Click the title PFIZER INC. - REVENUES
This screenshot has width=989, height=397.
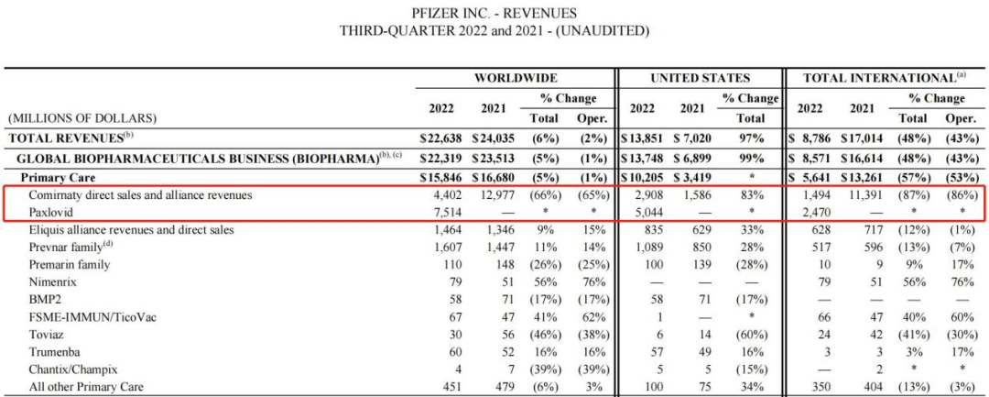tap(494, 13)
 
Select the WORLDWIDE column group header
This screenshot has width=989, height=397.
tap(515, 78)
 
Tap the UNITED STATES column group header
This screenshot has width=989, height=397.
tap(700, 78)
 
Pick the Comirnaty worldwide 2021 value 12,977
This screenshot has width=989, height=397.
tap(495, 194)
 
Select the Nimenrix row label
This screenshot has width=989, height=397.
tap(53, 282)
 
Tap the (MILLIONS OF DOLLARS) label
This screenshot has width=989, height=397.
tap(82, 118)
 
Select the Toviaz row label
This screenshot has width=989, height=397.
tap(47, 335)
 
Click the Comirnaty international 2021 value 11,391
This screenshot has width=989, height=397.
tap(860, 194)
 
